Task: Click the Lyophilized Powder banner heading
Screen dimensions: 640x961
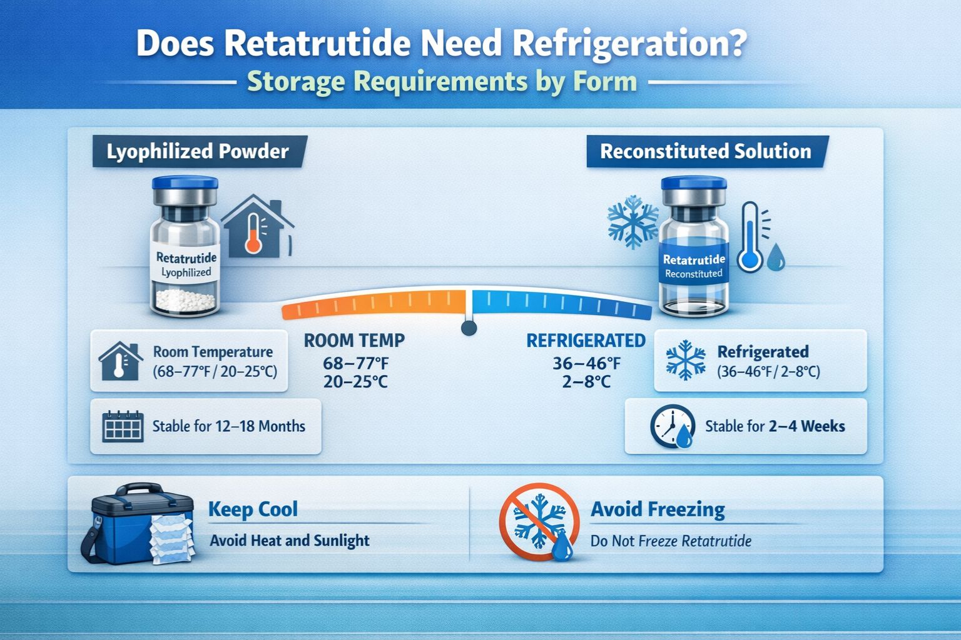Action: (x=198, y=152)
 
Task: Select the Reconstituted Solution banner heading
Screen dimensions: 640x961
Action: (x=705, y=152)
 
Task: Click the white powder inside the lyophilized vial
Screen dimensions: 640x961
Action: (x=186, y=301)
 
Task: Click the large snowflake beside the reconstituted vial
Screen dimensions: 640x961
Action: (x=633, y=221)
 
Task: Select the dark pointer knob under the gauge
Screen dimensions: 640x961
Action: (x=469, y=327)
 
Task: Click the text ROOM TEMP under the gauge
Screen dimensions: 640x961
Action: (x=354, y=341)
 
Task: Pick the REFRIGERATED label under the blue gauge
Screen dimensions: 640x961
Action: (x=586, y=341)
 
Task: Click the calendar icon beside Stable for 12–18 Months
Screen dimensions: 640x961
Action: (x=123, y=427)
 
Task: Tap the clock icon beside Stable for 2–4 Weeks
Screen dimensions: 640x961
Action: (x=672, y=427)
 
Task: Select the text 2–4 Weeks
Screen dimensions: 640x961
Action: (x=806, y=426)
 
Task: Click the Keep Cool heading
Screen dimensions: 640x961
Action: (x=253, y=509)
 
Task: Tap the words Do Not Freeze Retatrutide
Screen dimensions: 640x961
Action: (x=671, y=541)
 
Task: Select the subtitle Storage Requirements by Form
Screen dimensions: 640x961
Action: (x=442, y=82)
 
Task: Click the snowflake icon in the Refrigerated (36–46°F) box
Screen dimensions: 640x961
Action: (x=686, y=361)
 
